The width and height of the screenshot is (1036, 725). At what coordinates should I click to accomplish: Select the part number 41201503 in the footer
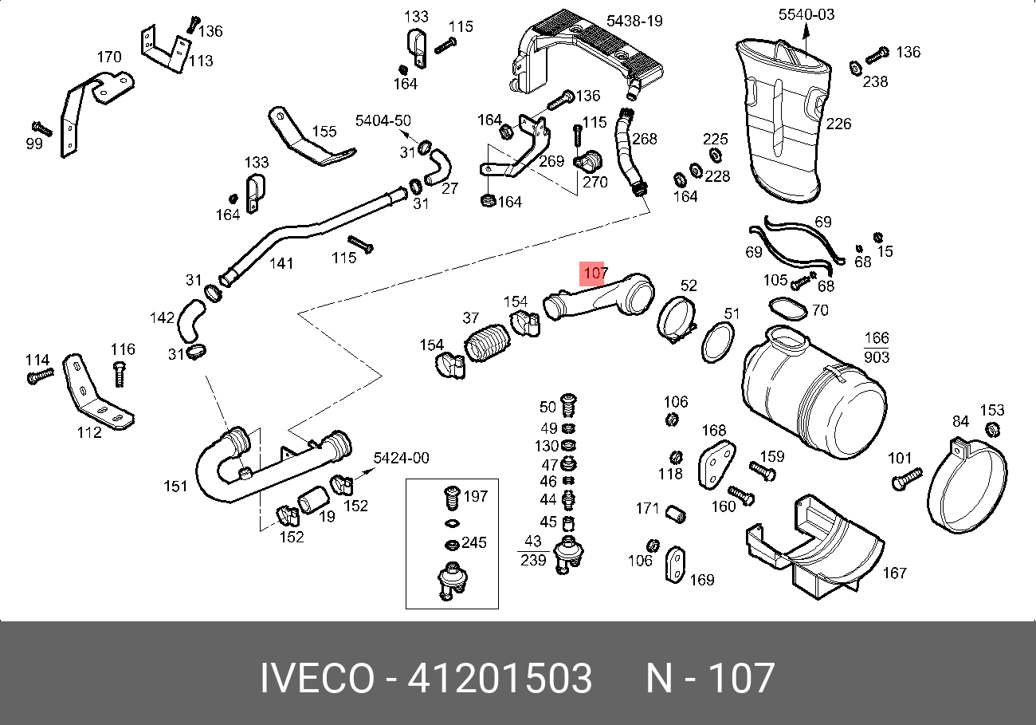[x=500, y=679]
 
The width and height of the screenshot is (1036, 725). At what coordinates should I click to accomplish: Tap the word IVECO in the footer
[x=316, y=679]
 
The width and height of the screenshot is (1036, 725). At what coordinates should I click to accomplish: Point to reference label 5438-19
[x=634, y=21]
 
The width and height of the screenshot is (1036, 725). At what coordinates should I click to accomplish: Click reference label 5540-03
[x=806, y=14]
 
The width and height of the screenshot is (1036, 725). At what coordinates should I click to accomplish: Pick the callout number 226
[x=838, y=124]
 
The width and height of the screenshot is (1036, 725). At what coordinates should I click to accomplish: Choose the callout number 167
[x=894, y=573]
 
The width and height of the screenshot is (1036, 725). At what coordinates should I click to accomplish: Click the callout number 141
[x=281, y=263]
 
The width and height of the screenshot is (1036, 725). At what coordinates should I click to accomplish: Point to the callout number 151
[x=175, y=487]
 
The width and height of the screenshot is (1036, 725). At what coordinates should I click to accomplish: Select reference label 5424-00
[x=402, y=458]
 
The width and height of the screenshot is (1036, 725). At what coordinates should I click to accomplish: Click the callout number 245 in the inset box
[x=473, y=543]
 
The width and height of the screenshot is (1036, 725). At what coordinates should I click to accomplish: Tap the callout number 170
[x=109, y=57]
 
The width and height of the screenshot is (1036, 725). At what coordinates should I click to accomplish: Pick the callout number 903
[x=876, y=358]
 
